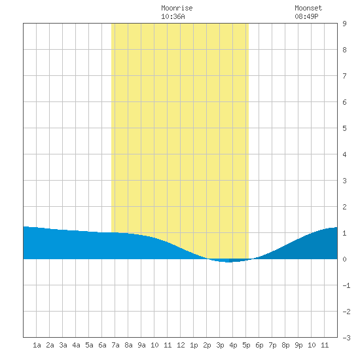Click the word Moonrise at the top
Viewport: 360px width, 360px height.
tap(177, 8)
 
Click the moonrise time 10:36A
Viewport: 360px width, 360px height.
tap(173, 16)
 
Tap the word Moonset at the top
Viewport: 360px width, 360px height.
tap(308, 8)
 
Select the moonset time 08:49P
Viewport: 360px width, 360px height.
tap(306, 16)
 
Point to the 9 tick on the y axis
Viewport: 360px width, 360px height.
tap(344, 24)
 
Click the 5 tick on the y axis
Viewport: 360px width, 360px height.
tap(344, 128)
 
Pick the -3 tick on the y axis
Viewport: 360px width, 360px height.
tap(346, 338)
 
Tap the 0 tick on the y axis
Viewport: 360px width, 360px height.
tap(344, 259)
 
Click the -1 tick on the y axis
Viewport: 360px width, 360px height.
tap(346, 285)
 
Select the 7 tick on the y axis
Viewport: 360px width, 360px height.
tap(344, 76)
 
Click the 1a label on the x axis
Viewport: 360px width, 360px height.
tap(37, 345)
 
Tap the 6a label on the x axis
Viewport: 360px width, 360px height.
tap(102, 345)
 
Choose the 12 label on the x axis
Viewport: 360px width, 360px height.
tap(181, 345)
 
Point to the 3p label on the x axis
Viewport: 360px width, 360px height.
tap(220, 345)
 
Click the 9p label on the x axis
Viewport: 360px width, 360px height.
tap(298, 345)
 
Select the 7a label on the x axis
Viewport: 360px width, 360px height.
tap(115, 345)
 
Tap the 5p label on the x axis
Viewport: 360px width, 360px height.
tap(246, 345)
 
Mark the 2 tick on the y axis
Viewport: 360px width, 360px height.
tap(344, 207)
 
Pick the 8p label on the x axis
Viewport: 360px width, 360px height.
tap(285, 345)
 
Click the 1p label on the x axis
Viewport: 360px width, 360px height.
tap(194, 345)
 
